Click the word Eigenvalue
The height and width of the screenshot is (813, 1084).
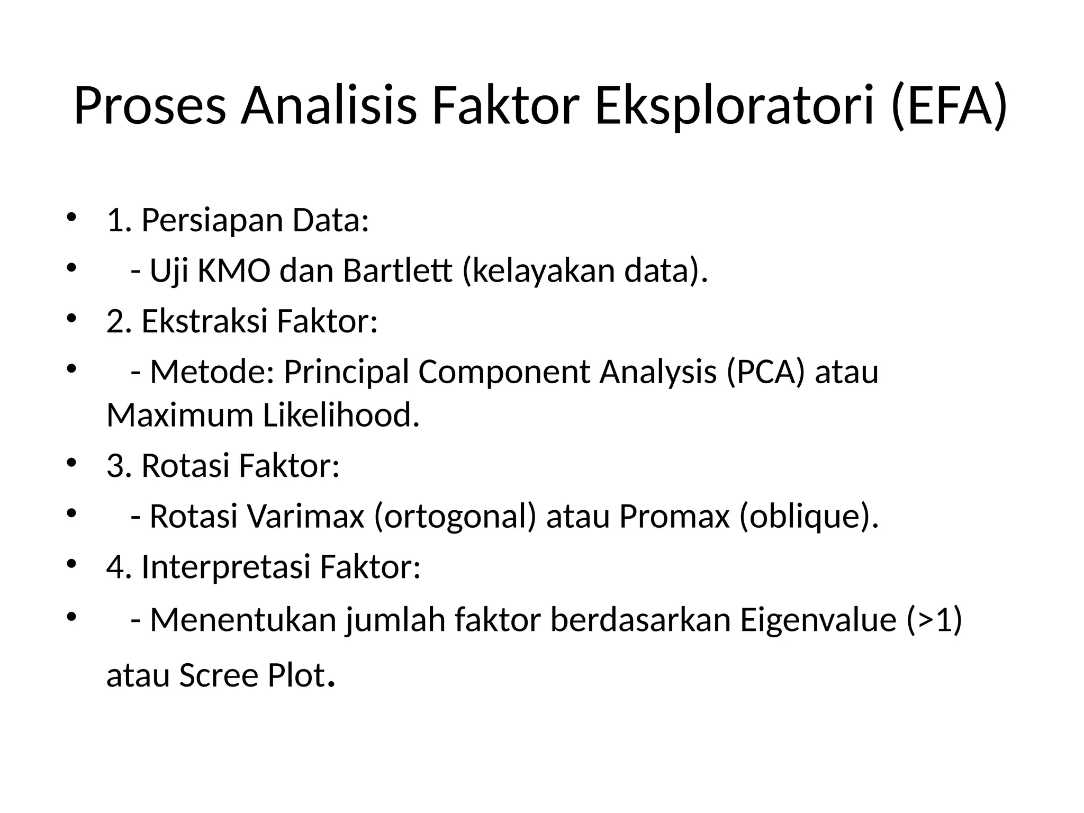pos(818,619)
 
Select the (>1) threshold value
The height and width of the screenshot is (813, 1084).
pos(934,619)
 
